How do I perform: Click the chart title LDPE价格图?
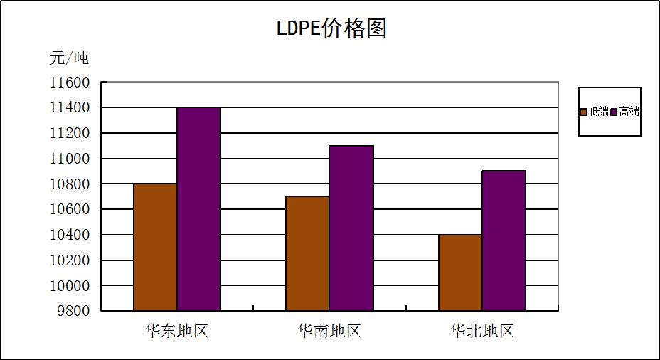331,28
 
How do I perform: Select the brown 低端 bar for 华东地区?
155,247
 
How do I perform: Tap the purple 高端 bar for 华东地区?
198,209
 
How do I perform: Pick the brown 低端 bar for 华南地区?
307,253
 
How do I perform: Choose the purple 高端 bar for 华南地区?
351,228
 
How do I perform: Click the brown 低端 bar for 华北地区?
460,272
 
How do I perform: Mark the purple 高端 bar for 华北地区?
504,240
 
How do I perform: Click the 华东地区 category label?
176,332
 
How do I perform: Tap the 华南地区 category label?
329,332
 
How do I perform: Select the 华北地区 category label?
481,332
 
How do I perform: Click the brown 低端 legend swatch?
584,112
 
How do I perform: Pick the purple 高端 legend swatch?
614,112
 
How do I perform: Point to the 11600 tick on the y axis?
70,83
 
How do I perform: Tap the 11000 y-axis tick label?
70,159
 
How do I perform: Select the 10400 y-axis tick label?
70,235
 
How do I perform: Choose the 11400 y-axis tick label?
70,108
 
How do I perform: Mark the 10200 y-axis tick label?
70,260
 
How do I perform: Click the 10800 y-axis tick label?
70,184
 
